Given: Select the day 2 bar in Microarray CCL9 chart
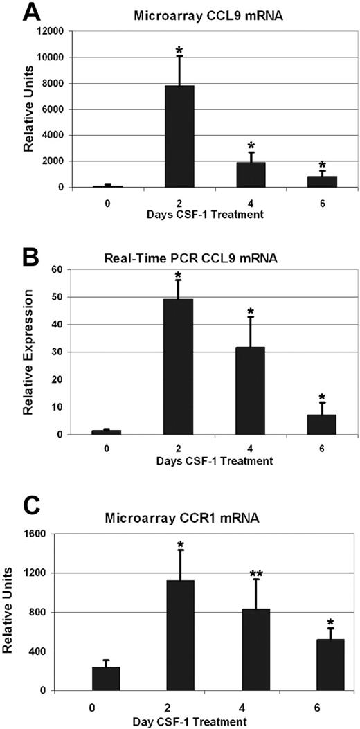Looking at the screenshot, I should (179, 136).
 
